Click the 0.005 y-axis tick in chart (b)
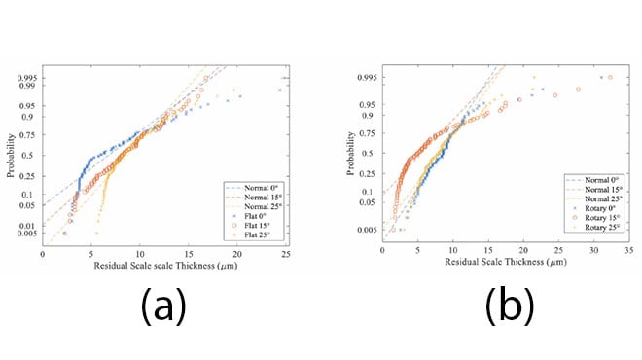click(x=365, y=229)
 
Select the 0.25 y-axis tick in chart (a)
click(x=28, y=175)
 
